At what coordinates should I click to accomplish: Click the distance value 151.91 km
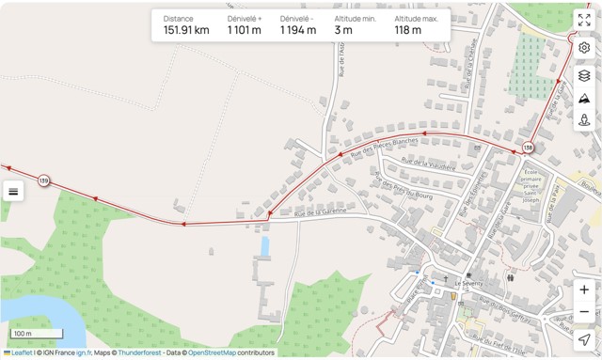(186, 30)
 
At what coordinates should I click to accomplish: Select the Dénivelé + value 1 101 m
(245, 30)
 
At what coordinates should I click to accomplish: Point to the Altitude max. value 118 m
(408, 30)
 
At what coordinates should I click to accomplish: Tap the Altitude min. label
(356, 18)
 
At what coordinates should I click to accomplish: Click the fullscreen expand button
(584, 20)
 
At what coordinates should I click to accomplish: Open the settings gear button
(584, 48)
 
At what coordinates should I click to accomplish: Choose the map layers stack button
(584, 75)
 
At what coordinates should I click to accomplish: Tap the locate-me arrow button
(584, 339)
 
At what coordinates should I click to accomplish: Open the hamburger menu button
(13, 192)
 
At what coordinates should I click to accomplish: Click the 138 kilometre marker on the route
(528, 148)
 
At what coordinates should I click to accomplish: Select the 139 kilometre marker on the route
(43, 180)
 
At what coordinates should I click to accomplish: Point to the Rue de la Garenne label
(321, 212)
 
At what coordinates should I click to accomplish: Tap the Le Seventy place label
(467, 283)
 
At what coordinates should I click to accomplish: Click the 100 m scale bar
(36, 334)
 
